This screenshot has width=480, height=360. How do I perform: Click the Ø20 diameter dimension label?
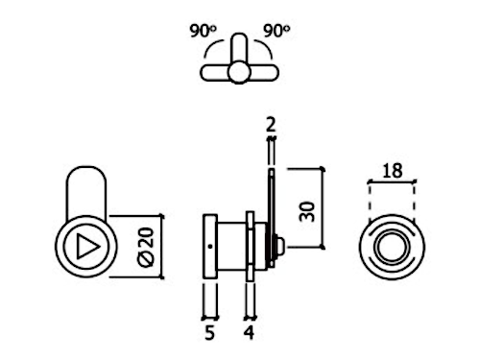click(146, 247)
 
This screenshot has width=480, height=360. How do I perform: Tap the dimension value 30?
click(307, 211)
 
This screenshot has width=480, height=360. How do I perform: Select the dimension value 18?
click(393, 171)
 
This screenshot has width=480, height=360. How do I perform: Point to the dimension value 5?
click(209, 333)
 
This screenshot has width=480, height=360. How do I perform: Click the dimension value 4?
click(249, 333)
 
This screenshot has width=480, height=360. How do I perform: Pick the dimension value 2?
click(271, 125)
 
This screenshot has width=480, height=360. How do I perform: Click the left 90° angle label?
click(203, 31)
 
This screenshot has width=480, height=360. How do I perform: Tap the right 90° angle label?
click(276, 31)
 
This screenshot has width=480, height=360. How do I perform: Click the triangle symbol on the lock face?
click(87, 247)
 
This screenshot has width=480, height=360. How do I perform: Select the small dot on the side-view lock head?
click(210, 247)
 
